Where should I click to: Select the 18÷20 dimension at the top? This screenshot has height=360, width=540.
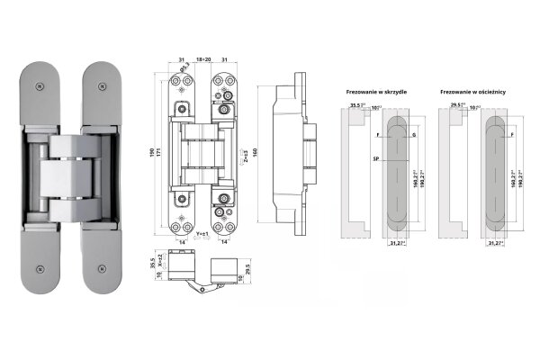(202, 60)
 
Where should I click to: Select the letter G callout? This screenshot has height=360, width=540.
(413, 134)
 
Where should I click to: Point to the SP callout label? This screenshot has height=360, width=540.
(373, 157)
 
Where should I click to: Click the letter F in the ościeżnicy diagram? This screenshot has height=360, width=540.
(511, 134)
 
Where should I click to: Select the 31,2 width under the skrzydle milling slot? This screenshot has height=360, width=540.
(398, 243)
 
